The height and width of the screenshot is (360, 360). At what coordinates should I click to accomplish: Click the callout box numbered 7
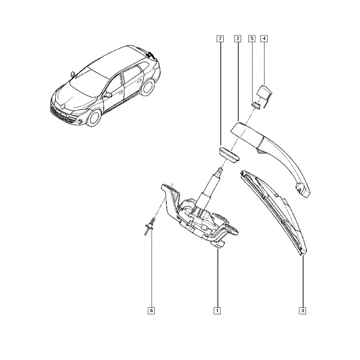point(220,38)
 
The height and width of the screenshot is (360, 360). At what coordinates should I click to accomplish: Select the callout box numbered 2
point(238,38)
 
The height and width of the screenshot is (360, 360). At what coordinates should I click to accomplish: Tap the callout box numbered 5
point(252,38)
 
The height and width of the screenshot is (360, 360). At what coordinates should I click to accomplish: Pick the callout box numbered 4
point(264,38)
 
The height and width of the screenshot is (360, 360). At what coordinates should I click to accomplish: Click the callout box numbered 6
point(151,311)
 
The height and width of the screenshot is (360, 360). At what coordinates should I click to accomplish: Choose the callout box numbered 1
point(217,311)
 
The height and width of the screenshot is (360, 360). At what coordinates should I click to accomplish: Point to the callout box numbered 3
point(302,311)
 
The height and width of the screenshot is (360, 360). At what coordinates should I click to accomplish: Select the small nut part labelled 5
point(256,105)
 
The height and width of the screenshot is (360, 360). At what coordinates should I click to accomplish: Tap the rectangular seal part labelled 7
point(229,155)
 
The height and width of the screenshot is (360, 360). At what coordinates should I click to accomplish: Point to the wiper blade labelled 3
point(274,212)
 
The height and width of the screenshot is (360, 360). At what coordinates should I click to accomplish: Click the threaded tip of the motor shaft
point(220,170)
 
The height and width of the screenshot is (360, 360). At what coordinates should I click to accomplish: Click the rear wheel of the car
point(148,87)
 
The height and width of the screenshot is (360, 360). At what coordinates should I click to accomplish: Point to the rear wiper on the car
point(150,55)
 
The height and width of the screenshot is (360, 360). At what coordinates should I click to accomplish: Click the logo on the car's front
point(64,106)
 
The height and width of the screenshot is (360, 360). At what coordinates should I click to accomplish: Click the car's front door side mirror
point(107,95)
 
